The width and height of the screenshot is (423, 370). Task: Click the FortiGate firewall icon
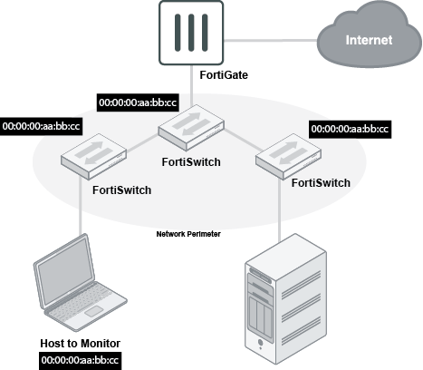(191, 33)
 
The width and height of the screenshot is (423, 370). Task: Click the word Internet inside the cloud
(369, 40)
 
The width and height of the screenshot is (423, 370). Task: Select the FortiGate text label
(224, 75)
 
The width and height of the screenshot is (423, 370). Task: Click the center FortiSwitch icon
(191, 128)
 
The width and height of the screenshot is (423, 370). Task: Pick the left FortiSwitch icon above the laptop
(93, 156)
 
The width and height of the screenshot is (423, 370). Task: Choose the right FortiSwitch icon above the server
(288, 156)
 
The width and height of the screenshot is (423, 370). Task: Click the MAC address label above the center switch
(138, 102)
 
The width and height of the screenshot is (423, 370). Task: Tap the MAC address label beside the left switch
(41, 126)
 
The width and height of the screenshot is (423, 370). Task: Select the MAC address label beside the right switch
(350, 129)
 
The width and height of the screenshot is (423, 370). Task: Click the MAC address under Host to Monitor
(80, 361)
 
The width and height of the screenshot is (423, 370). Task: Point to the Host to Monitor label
(80, 344)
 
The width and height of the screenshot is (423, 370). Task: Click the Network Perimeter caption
(188, 234)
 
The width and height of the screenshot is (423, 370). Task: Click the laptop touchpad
(93, 311)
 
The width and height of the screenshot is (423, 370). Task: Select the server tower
(285, 298)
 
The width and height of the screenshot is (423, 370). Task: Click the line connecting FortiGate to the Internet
(270, 40)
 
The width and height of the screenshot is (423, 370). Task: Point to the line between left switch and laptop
(81, 206)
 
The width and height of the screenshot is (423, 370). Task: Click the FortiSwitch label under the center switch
(191, 162)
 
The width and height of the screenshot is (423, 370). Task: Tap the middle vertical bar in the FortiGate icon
(191, 33)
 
